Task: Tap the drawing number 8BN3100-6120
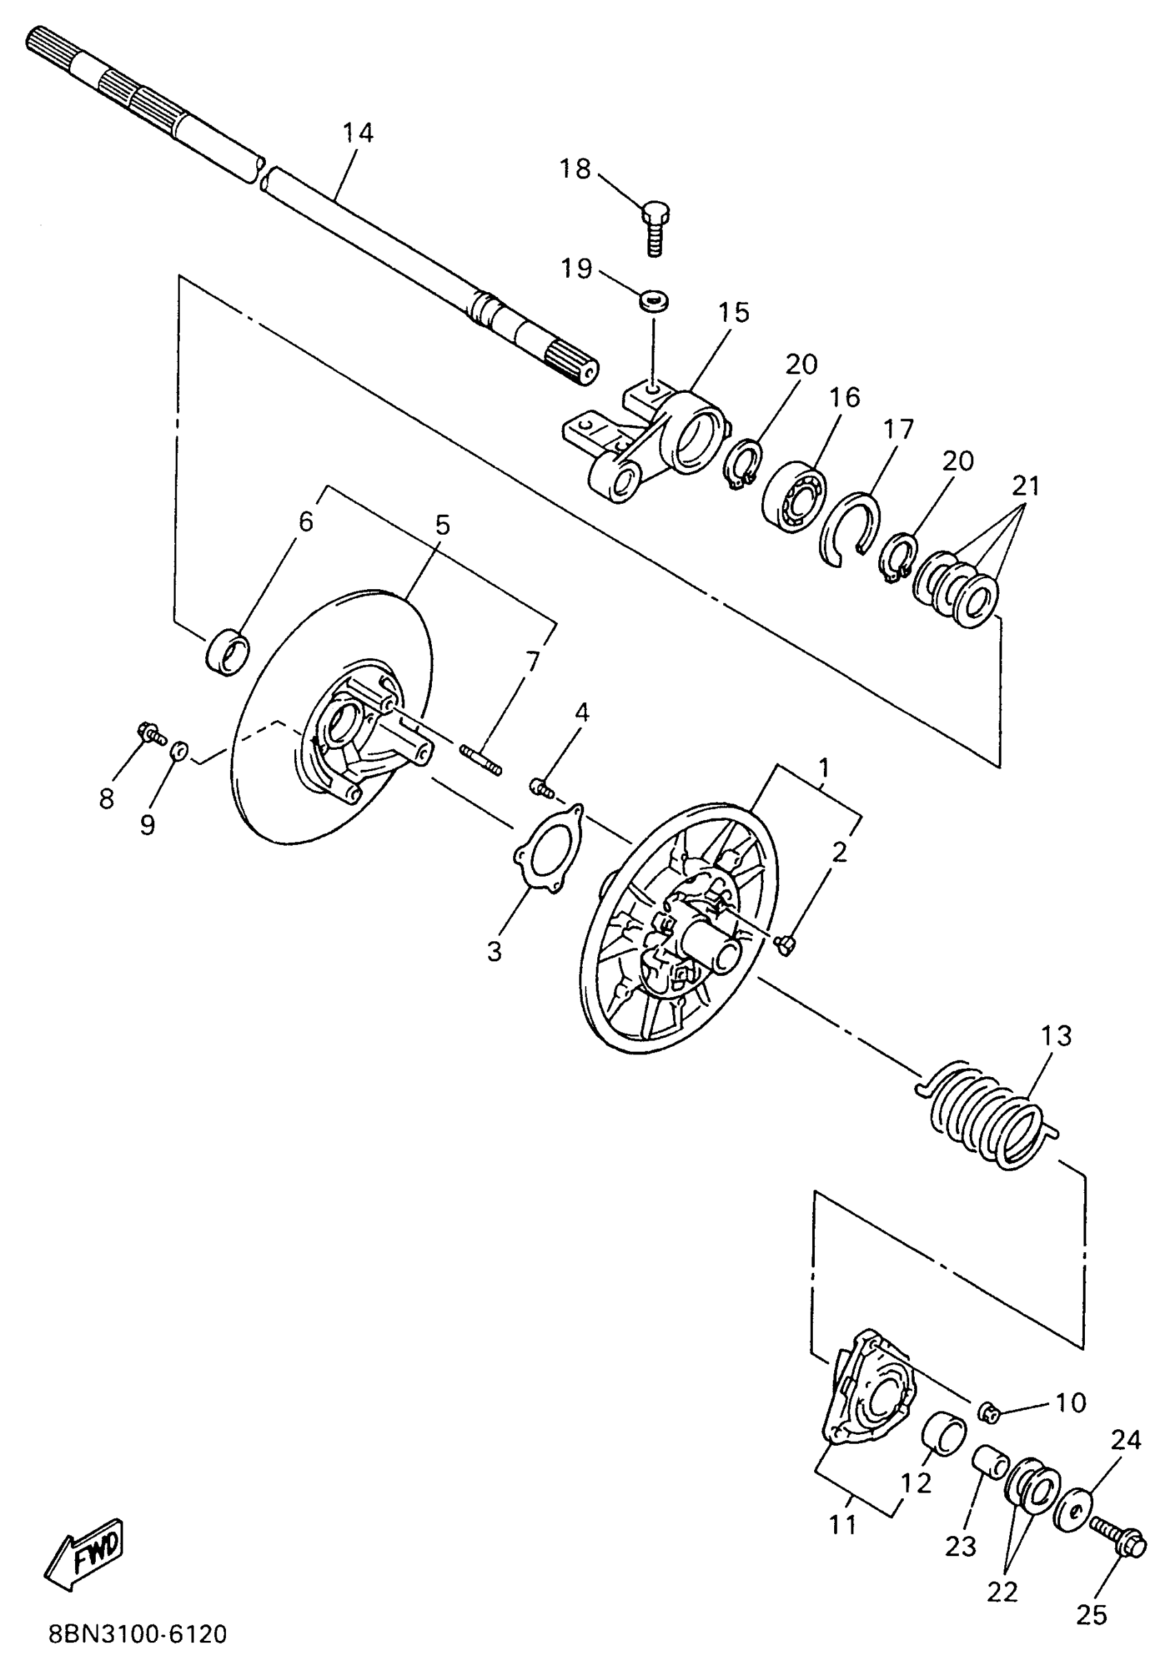click(x=138, y=1632)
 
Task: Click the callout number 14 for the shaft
click(x=357, y=133)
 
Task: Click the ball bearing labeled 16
click(x=794, y=494)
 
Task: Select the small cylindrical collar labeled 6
click(x=228, y=651)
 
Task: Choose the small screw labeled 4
click(x=541, y=788)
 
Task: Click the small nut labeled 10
click(x=989, y=1412)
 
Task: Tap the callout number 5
click(x=442, y=525)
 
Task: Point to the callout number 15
click(x=734, y=313)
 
